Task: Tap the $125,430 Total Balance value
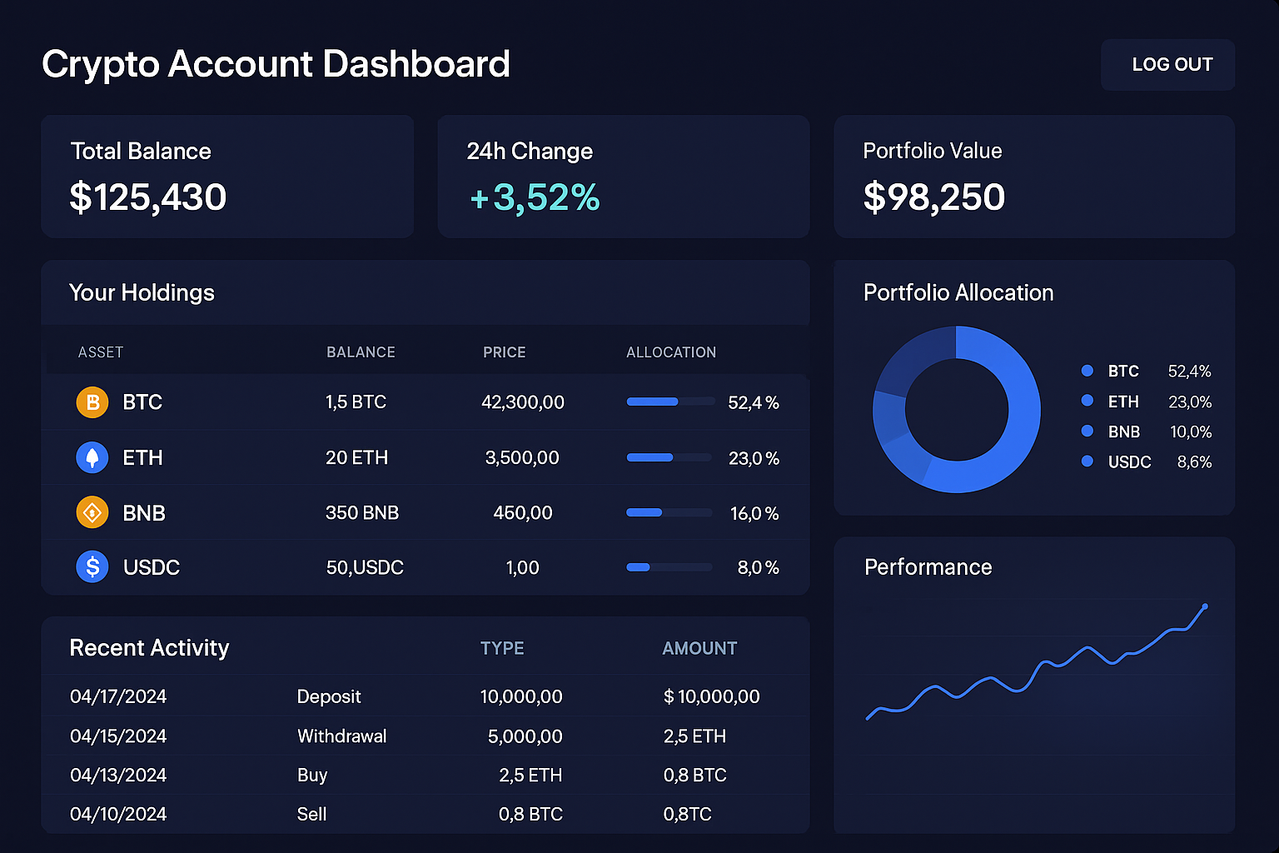click(x=148, y=197)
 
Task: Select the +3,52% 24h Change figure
click(x=535, y=197)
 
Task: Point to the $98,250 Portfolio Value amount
click(x=934, y=197)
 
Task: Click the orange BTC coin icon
click(x=92, y=402)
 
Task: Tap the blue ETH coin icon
click(x=92, y=457)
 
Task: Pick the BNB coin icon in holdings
click(x=92, y=512)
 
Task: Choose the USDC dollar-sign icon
click(x=92, y=567)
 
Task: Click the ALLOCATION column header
click(x=671, y=352)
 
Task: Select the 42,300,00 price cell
click(x=523, y=402)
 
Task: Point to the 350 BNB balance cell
click(x=362, y=513)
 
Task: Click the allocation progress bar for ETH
click(x=669, y=457)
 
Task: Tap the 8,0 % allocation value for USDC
click(x=758, y=568)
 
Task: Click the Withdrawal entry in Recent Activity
click(x=342, y=736)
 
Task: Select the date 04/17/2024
click(x=118, y=696)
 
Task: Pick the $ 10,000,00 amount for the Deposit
click(x=712, y=696)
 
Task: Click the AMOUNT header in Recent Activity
click(x=699, y=648)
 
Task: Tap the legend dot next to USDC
click(x=1087, y=461)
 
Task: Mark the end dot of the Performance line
click(x=1205, y=606)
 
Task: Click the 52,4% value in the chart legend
click(x=1189, y=372)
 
